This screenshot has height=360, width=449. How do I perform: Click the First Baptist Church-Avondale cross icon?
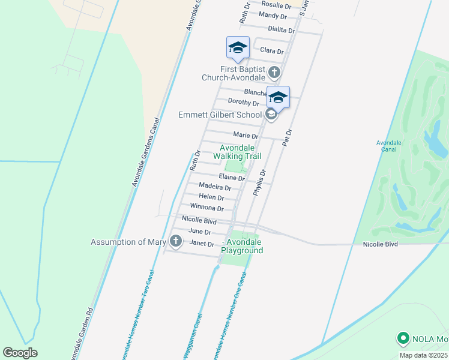click(274, 73)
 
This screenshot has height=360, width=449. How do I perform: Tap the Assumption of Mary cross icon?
click(175, 242)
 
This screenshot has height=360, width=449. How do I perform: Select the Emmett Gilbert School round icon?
click(271, 114)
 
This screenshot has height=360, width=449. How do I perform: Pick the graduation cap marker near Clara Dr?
click(238, 48)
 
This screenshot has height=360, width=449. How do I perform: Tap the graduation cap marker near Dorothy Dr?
click(278, 97)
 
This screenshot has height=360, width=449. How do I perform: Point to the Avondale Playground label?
click(244, 246)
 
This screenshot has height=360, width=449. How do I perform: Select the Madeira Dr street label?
click(214, 187)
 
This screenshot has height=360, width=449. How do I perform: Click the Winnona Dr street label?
click(206, 208)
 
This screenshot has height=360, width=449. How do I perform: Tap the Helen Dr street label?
click(211, 197)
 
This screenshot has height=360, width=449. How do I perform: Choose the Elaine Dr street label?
click(232, 178)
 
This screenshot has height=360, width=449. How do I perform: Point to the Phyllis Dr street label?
click(259, 182)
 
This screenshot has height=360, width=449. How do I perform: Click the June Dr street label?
click(199, 232)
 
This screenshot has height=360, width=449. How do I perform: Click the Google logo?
click(20, 353)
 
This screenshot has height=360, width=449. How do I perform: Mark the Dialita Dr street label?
click(282, 29)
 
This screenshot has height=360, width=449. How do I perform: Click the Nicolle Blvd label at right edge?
click(381, 244)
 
